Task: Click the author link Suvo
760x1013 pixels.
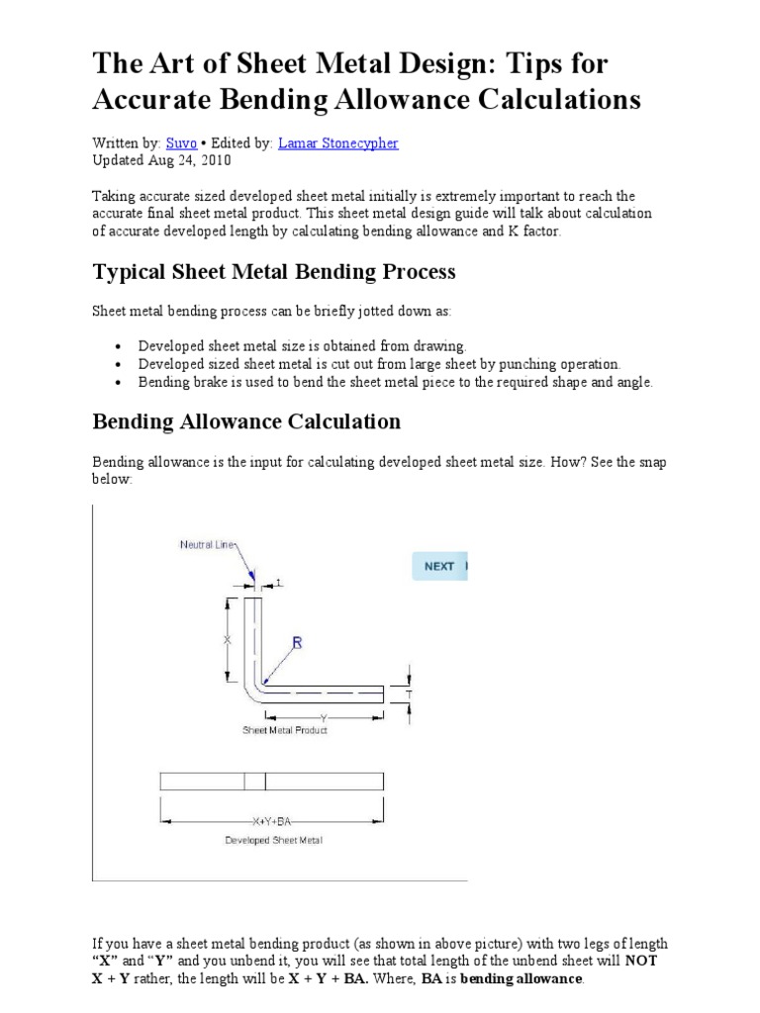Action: click(x=181, y=143)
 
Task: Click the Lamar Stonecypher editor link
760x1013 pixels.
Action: click(x=338, y=143)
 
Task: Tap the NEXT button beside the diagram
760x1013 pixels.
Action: click(x=439, y=566)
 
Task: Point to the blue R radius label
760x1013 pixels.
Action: click(x=296, y=643)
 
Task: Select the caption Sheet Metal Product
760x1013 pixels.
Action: click(x=285, y=730)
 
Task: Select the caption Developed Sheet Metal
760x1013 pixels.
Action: click(x=273, y=841)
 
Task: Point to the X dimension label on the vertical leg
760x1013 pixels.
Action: click(x=228, y=640)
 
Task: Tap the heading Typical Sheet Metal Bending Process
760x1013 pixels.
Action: click(x=274, y=271)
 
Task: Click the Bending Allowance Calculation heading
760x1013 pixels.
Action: click(x=246, y=421)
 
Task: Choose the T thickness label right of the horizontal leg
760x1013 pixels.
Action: click(x=409, y=695)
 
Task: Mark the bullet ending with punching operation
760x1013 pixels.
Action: click(x=379, y=363)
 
